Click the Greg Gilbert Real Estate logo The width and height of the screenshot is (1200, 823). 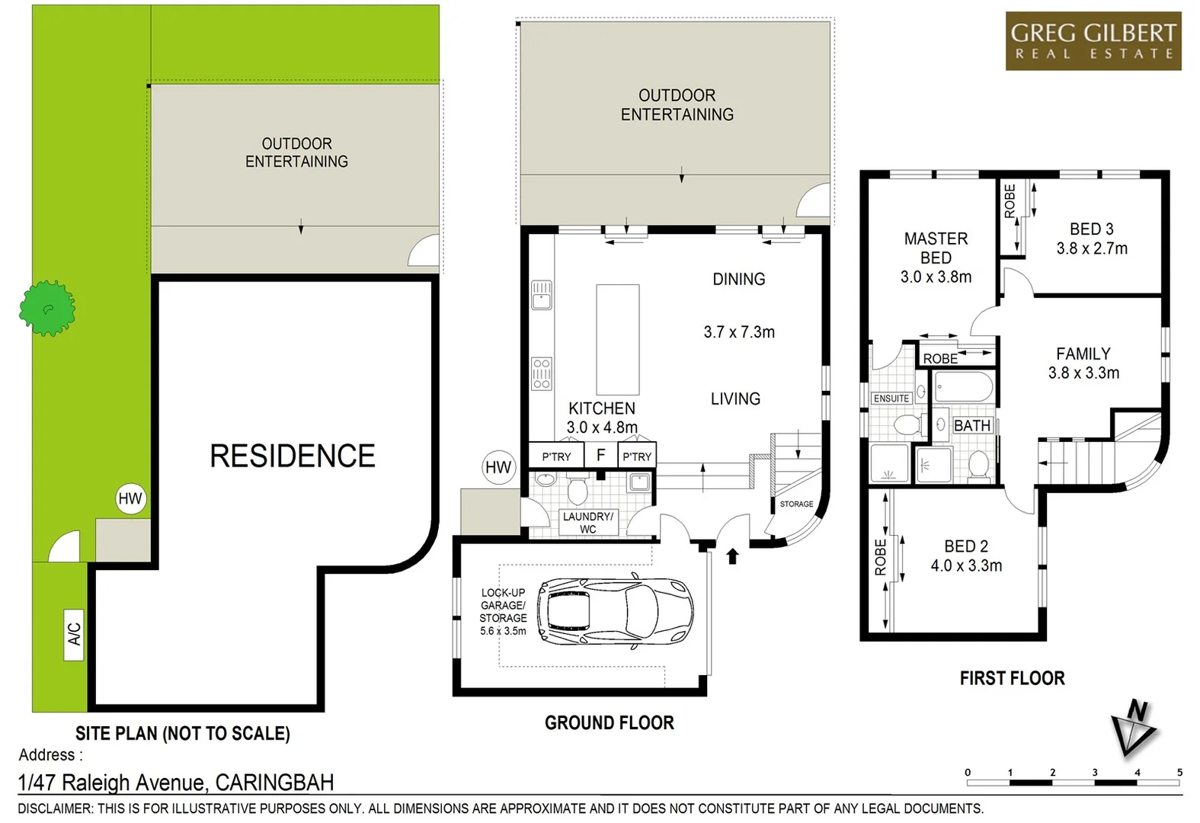coord(1093,41)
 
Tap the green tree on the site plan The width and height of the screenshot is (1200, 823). coord(47,309)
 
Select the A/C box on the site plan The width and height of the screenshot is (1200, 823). coord(74,634)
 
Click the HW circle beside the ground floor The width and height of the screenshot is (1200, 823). coord(498,467)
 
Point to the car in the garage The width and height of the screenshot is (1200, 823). coord(615,611)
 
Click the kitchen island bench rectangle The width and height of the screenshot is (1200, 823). coord(617,339)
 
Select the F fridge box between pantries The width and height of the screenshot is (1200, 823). coord(600,456)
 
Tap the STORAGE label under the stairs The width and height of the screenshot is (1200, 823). coord(796,504)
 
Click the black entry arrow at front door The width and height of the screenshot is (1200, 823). coord(732,556)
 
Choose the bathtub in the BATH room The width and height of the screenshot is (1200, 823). coord(963,387)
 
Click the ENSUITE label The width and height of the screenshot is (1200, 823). coord(891,399)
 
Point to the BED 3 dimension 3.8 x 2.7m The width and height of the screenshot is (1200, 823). coord(1091,248)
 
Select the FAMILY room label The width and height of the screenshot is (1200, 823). coord(1083,354)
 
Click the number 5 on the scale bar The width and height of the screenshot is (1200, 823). coord(1179,772)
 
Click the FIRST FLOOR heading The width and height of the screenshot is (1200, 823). coord(1012,678)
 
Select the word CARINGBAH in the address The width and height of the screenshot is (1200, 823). coord(274,783)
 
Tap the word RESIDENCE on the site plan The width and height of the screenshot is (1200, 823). coord(293,456)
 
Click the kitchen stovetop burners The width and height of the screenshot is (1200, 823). coord(542,373)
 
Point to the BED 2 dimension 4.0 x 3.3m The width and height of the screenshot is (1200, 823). coord(966,565)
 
